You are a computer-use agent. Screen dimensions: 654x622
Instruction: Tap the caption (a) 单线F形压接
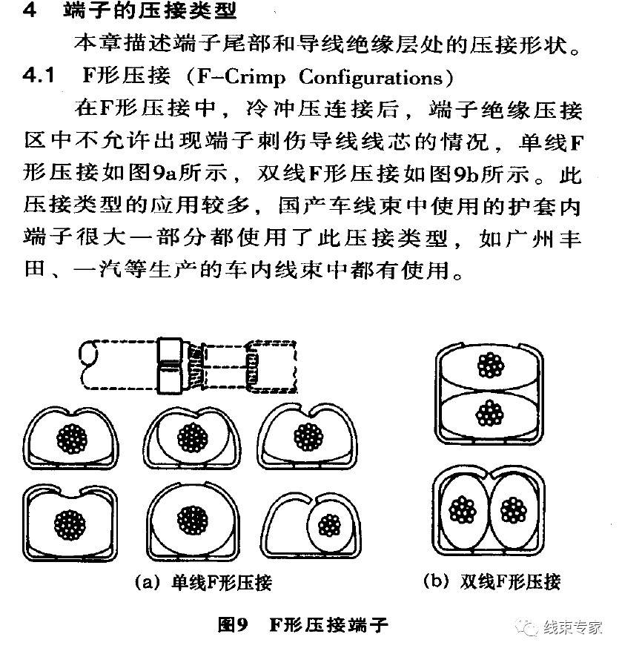point(202,582)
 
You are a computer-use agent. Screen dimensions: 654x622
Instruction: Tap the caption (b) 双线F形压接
point(491,581)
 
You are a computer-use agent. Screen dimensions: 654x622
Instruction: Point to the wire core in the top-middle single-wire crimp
point(191,437)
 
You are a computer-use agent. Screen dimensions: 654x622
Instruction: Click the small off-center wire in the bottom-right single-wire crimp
point(327,524)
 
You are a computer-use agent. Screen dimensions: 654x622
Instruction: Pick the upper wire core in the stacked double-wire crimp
point(489,366)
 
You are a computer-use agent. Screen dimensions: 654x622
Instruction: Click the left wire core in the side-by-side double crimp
point(464,509)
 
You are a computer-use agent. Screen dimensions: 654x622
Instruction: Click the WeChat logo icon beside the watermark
point(530,627)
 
